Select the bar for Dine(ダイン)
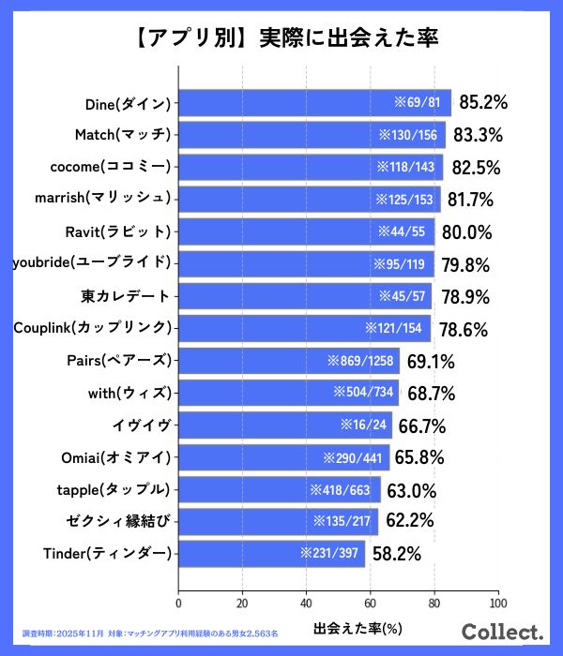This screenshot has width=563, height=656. tap(314, 103)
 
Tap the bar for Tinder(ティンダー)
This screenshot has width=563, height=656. tap(271, 553)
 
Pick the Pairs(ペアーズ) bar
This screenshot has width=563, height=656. tap(289, 360)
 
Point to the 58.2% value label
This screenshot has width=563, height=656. tap(396, 554)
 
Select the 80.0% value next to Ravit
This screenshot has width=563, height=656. tap(466, 231)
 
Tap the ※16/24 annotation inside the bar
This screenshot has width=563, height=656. tap(364, 425)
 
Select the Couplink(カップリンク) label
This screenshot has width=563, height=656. tap(93, 328)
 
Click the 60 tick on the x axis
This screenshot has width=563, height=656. tap(370, 604)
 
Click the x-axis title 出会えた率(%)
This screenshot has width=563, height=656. tap(357, 626)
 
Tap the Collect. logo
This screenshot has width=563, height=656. tap(504, 631)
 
